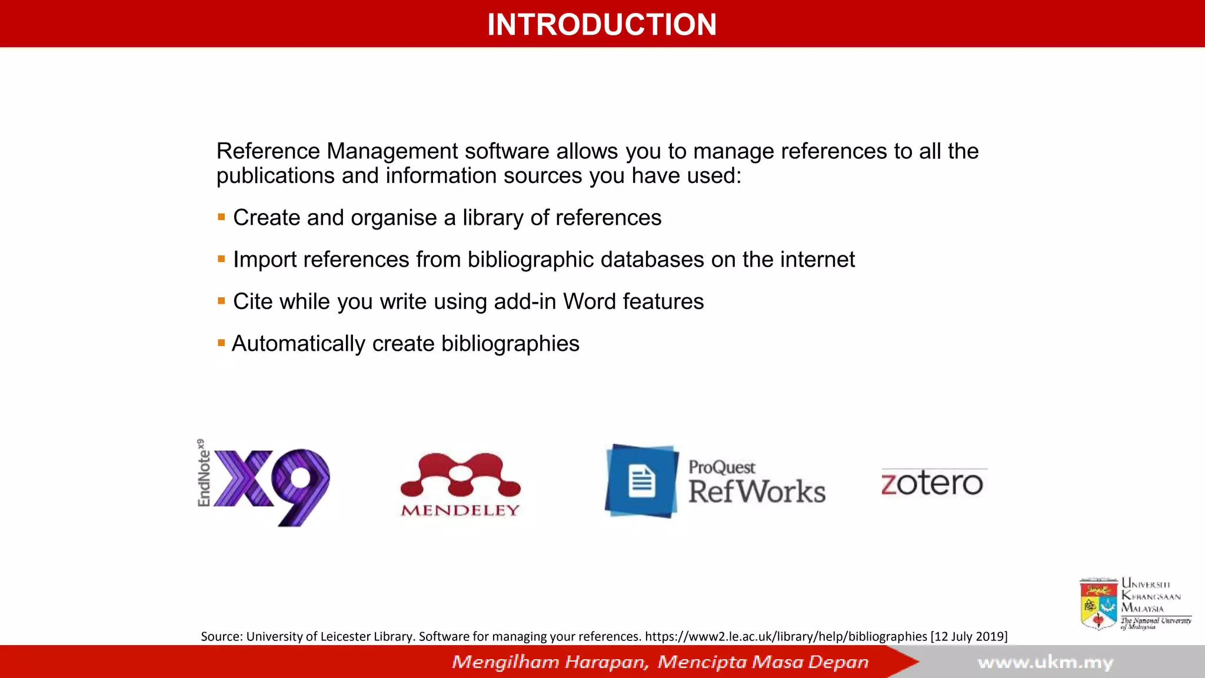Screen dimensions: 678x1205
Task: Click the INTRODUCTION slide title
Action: pyautogui.click(x=602, y=25)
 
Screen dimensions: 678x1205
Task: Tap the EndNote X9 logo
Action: pyautogui.click(x=265, y=483)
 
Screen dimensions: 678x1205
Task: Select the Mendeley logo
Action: pyautogui.click(x=460, y=484)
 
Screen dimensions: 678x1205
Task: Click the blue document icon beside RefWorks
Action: pyautogui.click(x=641, y=481)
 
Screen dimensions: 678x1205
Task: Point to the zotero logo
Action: pyautogui.click(x=932, y=483)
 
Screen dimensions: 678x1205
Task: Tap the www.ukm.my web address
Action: pyautogui.click(x=1046, y=663)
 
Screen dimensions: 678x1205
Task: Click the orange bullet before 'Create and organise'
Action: pyautogui.click(x=221, y=217)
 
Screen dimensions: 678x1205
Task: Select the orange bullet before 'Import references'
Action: pyautogui.click(x=221, y=259)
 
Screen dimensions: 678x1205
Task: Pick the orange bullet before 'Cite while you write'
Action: pyautogui.click(x=221, y=301)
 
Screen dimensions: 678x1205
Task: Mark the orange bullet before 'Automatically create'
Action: pyautogui.click(x=221, y=343)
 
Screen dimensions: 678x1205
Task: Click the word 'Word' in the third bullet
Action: pyautogui.click(x=589, y=301)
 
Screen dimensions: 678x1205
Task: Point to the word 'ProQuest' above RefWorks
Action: pyautogui.click(x=721, y=467)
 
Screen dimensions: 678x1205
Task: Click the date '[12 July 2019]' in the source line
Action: pyautogui.click(x=968, y=636)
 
